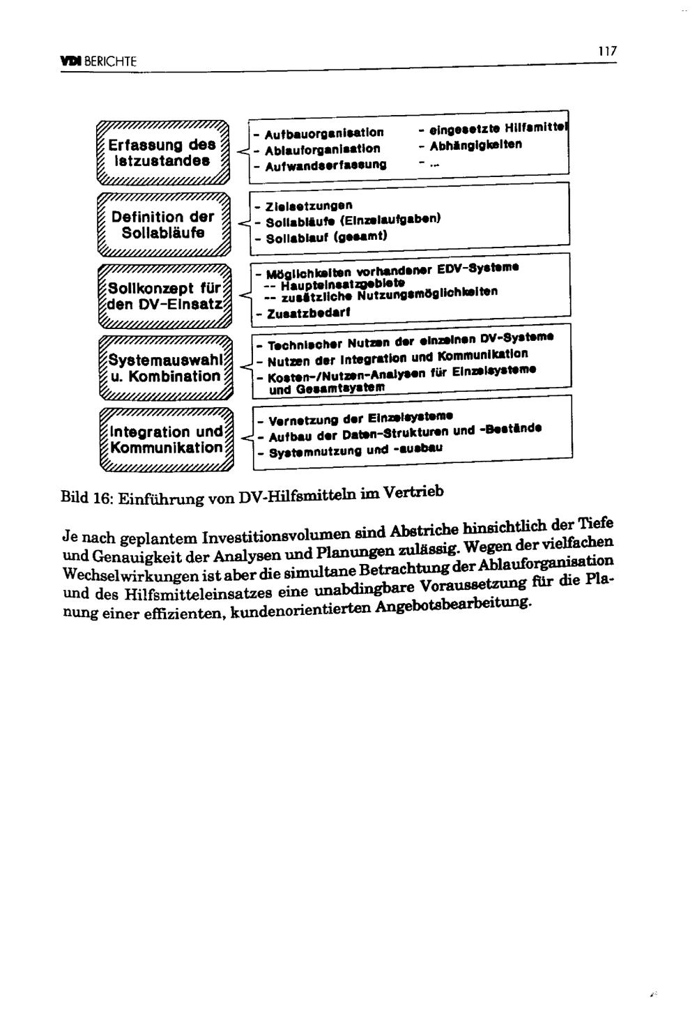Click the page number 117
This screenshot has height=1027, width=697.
click(608, 52)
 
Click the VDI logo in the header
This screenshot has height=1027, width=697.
click(69, 61)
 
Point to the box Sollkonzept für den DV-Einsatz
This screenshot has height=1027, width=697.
click(164, 296)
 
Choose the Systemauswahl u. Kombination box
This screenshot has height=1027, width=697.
click(164, 368)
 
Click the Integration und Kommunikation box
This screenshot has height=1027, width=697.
click(164, 440)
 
